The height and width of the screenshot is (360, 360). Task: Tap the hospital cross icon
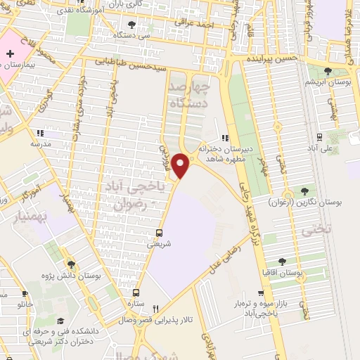click(10, 53)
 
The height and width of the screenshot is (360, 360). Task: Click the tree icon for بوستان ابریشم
click(328, 70)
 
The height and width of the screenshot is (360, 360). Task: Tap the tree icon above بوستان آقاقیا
click(281, 262)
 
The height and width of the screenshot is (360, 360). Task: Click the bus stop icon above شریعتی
click(159, 233)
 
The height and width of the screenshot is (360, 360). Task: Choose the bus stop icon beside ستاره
click(136, 292)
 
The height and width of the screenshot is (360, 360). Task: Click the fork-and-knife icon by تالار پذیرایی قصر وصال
click(156, 307)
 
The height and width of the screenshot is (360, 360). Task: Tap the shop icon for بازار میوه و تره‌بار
click(261, 293)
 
